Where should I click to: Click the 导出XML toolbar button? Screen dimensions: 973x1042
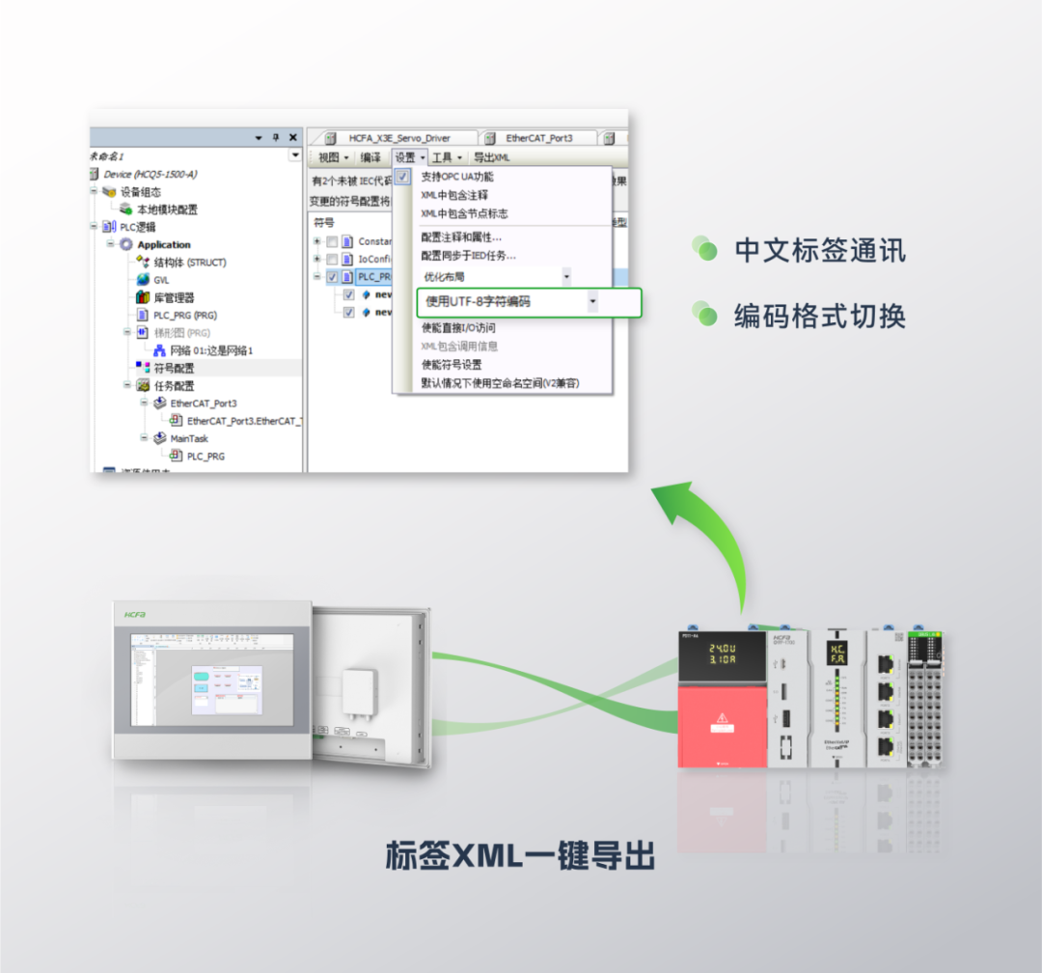(491, 157)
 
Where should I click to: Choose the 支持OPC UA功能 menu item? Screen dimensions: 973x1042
(457, 177)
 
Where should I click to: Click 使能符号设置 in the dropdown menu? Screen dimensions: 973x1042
(452, 365)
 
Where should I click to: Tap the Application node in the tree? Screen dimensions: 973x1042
(164, 245)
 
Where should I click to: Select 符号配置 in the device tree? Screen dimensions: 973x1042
(174, 368)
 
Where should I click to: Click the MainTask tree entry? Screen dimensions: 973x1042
(189, 438)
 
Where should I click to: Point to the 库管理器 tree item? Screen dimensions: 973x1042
(174, 297)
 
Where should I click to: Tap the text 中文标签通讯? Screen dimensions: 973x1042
(820, 251)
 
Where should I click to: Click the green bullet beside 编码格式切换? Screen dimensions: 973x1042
(705, 315)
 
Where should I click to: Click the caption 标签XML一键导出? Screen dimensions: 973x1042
(520, 855)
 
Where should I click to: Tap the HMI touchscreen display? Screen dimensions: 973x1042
(211, 676)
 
